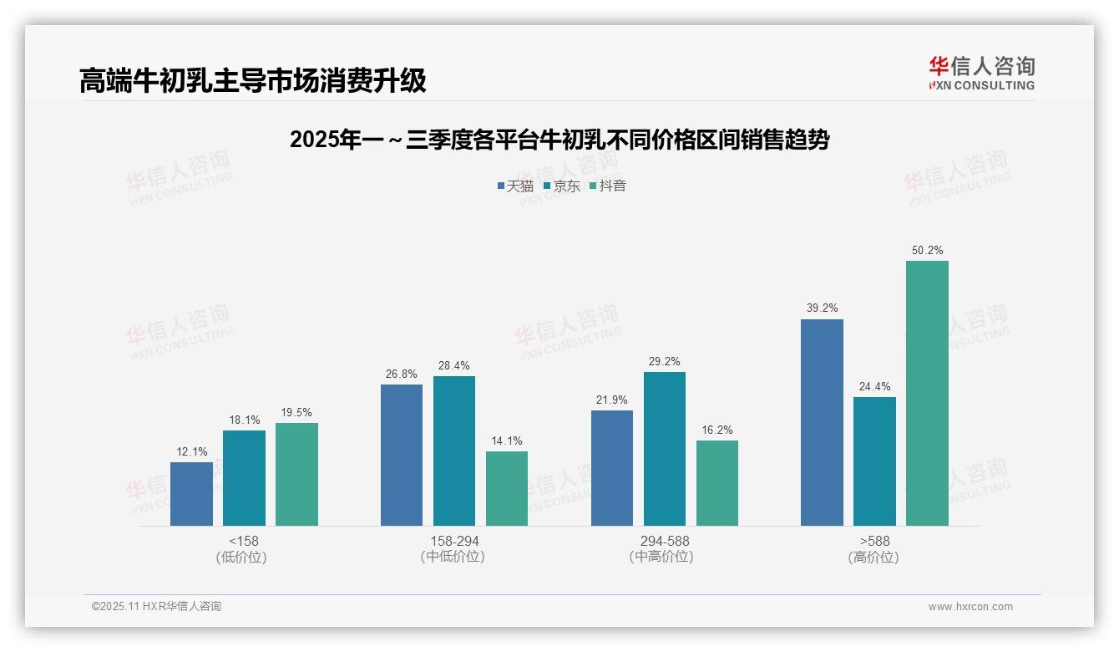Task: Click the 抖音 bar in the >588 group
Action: pyautogui.click(x=927, y=393)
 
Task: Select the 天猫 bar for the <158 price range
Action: pyautogui.click(x=191, y=494)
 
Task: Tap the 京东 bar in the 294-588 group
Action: pyautogui.click(x=664, y=449)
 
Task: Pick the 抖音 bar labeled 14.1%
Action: pyautogui.click(x=507, y=488)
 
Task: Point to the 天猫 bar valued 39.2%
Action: pyautogui.click(x=822, y=422)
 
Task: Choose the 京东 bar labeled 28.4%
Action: pyautogui.click(x=453, y=451)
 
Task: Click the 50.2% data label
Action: pyautogui.click(x=927, y=251)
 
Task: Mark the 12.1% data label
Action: pyautogui.click(x=191, y=452)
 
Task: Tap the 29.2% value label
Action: pyautogui.click(x=664, y=362)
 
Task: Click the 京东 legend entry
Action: pyautogui.click(x=561, y=186)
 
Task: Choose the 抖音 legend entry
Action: pyautogui.click(x=607, y=186)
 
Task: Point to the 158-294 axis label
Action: pyautogui.click(x=454, y=542)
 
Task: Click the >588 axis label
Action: pyautogui.click(x=873, y=542)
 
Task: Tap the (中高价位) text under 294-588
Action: pyautogui.click(x=664, y=557)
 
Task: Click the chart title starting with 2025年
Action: pyautogui.click(x=559, y=140)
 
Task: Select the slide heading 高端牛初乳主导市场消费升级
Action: pyautogui.click(x=253, y=80)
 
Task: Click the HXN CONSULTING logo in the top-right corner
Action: pyautogui.click(x=981, y=74)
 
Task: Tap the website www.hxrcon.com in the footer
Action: pyautogui.click(x=970, y=607)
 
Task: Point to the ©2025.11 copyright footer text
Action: pyautogui.click(x=156, y=607)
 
